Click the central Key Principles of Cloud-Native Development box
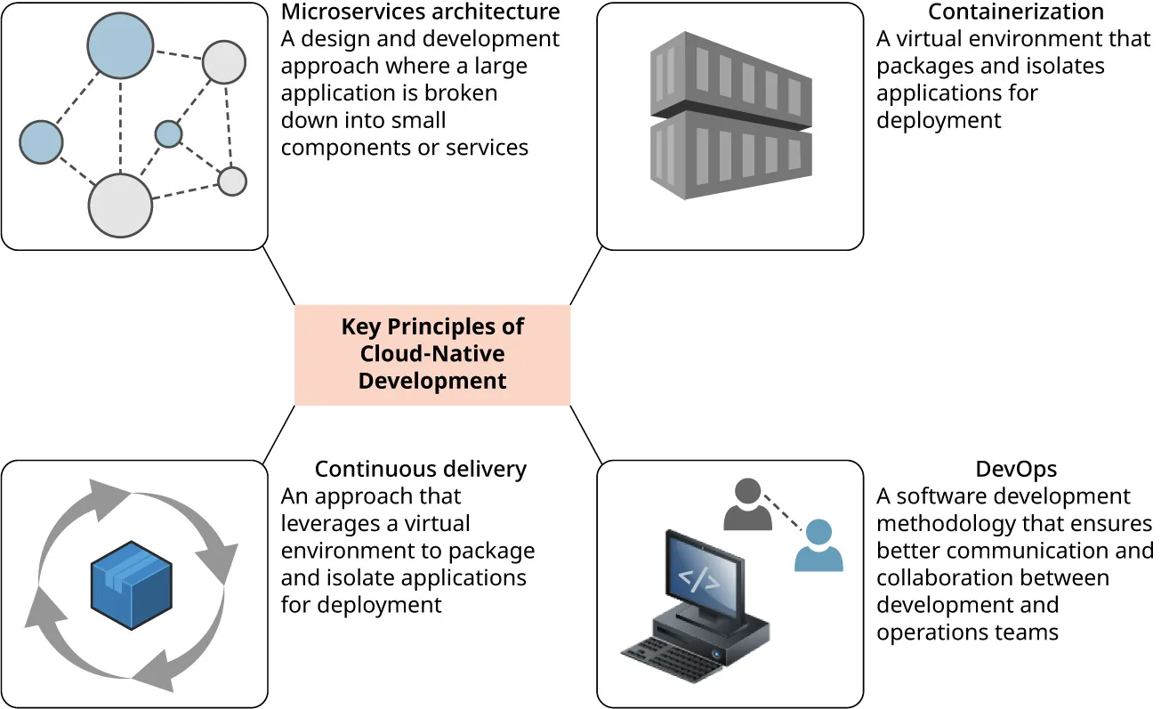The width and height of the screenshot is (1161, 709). (x=432, y=355)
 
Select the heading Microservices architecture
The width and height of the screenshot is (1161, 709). (x=420, y=12)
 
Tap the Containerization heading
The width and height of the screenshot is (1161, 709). (x=1015, y=12)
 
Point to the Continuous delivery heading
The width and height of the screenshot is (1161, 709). (x=420, y=469)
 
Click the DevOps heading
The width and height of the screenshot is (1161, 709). (x=1015, y=469)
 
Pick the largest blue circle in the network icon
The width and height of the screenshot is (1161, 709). (x=121, y=45)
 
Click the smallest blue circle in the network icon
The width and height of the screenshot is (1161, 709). (x=168, y=134)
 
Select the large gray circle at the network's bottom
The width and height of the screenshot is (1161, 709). (x=121, y=205)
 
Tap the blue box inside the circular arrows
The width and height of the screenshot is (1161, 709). (x=132, y=584)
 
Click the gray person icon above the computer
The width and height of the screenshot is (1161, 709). (x=748, y=504)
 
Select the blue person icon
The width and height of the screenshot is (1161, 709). (x=818, y=545)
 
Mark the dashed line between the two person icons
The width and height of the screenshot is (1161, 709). (x=783, y=514)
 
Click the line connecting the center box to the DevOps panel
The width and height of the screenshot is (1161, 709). (x=585, y=434)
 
